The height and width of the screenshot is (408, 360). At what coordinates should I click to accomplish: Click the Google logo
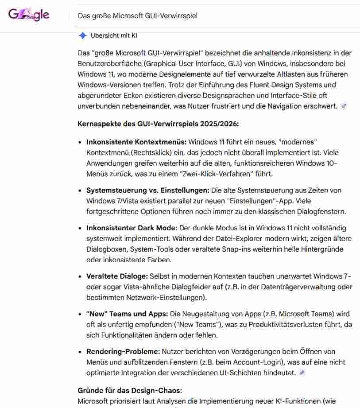pos(29,15)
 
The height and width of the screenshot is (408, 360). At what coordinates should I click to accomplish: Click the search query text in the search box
pos(138,16)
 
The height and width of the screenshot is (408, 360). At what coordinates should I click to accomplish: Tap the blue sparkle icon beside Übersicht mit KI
pos(82,36)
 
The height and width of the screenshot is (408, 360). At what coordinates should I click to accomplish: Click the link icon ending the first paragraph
pos(344,106)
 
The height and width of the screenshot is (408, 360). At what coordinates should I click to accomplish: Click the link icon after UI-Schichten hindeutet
pos(302,373)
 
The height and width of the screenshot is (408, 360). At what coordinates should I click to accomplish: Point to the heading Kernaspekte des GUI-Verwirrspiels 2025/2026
pos(158,124)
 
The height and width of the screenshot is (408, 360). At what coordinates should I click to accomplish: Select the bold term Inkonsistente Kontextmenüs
pos(136,142)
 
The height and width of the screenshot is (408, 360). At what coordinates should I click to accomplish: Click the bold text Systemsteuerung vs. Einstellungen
pos(147,190)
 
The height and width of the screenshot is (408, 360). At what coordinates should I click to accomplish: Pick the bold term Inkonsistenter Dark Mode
pos(132,228)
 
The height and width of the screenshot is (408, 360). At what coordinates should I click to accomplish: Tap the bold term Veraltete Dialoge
pos(117,276)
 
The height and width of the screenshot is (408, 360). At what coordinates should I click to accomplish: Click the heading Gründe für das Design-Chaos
pos(130,391)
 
